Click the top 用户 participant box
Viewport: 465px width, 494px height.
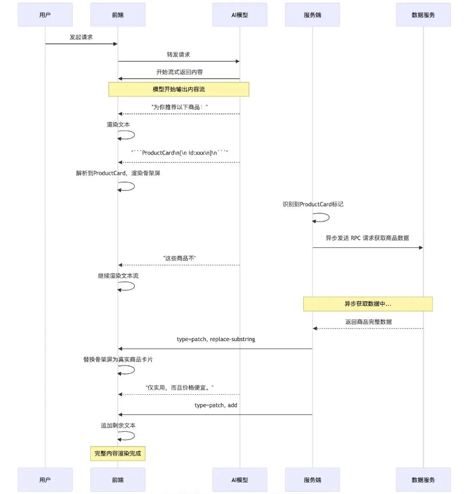click(x=45, y=15)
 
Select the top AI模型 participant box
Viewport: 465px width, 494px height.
click(x=240, y=15)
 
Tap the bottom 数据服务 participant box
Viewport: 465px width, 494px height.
click(x=423, y=480)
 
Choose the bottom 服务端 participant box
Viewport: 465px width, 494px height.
click(x=313, y=480)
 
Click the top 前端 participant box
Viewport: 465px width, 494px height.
click(x=118, y=15)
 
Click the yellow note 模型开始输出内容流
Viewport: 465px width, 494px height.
click(x=179, y=89)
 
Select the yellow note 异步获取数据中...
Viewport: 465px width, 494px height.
click(x=368, y=304)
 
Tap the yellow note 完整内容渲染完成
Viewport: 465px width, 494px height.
click(x=118, y=454)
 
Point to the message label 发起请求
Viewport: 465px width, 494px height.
click(x=81, y=37)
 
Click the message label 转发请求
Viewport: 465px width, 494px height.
click(x=179, y=55)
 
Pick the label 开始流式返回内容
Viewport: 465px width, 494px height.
click(x=179, y=72)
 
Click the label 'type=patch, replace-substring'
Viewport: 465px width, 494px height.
click(x=216, y=339)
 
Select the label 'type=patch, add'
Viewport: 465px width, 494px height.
click(x=216, y=405)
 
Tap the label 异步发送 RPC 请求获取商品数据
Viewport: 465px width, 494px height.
click(x=367, y=238)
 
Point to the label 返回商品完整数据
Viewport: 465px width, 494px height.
click(x=368, y=322)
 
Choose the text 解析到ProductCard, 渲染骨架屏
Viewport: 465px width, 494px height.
click(x=118, y=173)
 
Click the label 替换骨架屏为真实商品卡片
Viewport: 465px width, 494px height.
click(x=118, y=359)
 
